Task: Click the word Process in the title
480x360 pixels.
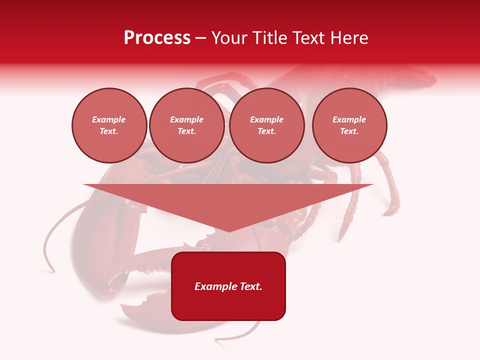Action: click(157, 38)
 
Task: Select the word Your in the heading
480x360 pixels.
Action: click(230, 38)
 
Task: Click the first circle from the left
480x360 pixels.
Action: click(109, 125)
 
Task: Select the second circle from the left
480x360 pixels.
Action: click(187, 125)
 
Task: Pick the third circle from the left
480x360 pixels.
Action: click(267, 125)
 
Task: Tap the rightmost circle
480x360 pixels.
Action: click(349, 125)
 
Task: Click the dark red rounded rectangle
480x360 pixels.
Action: click(228, 305)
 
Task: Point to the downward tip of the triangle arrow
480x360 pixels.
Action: click(229, 231)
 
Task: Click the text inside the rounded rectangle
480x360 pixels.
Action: click(228, 286)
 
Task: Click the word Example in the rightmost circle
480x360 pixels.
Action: click(349, 119)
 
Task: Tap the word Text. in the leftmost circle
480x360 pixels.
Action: click(109, 131)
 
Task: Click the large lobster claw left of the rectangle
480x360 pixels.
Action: click(100, 240)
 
